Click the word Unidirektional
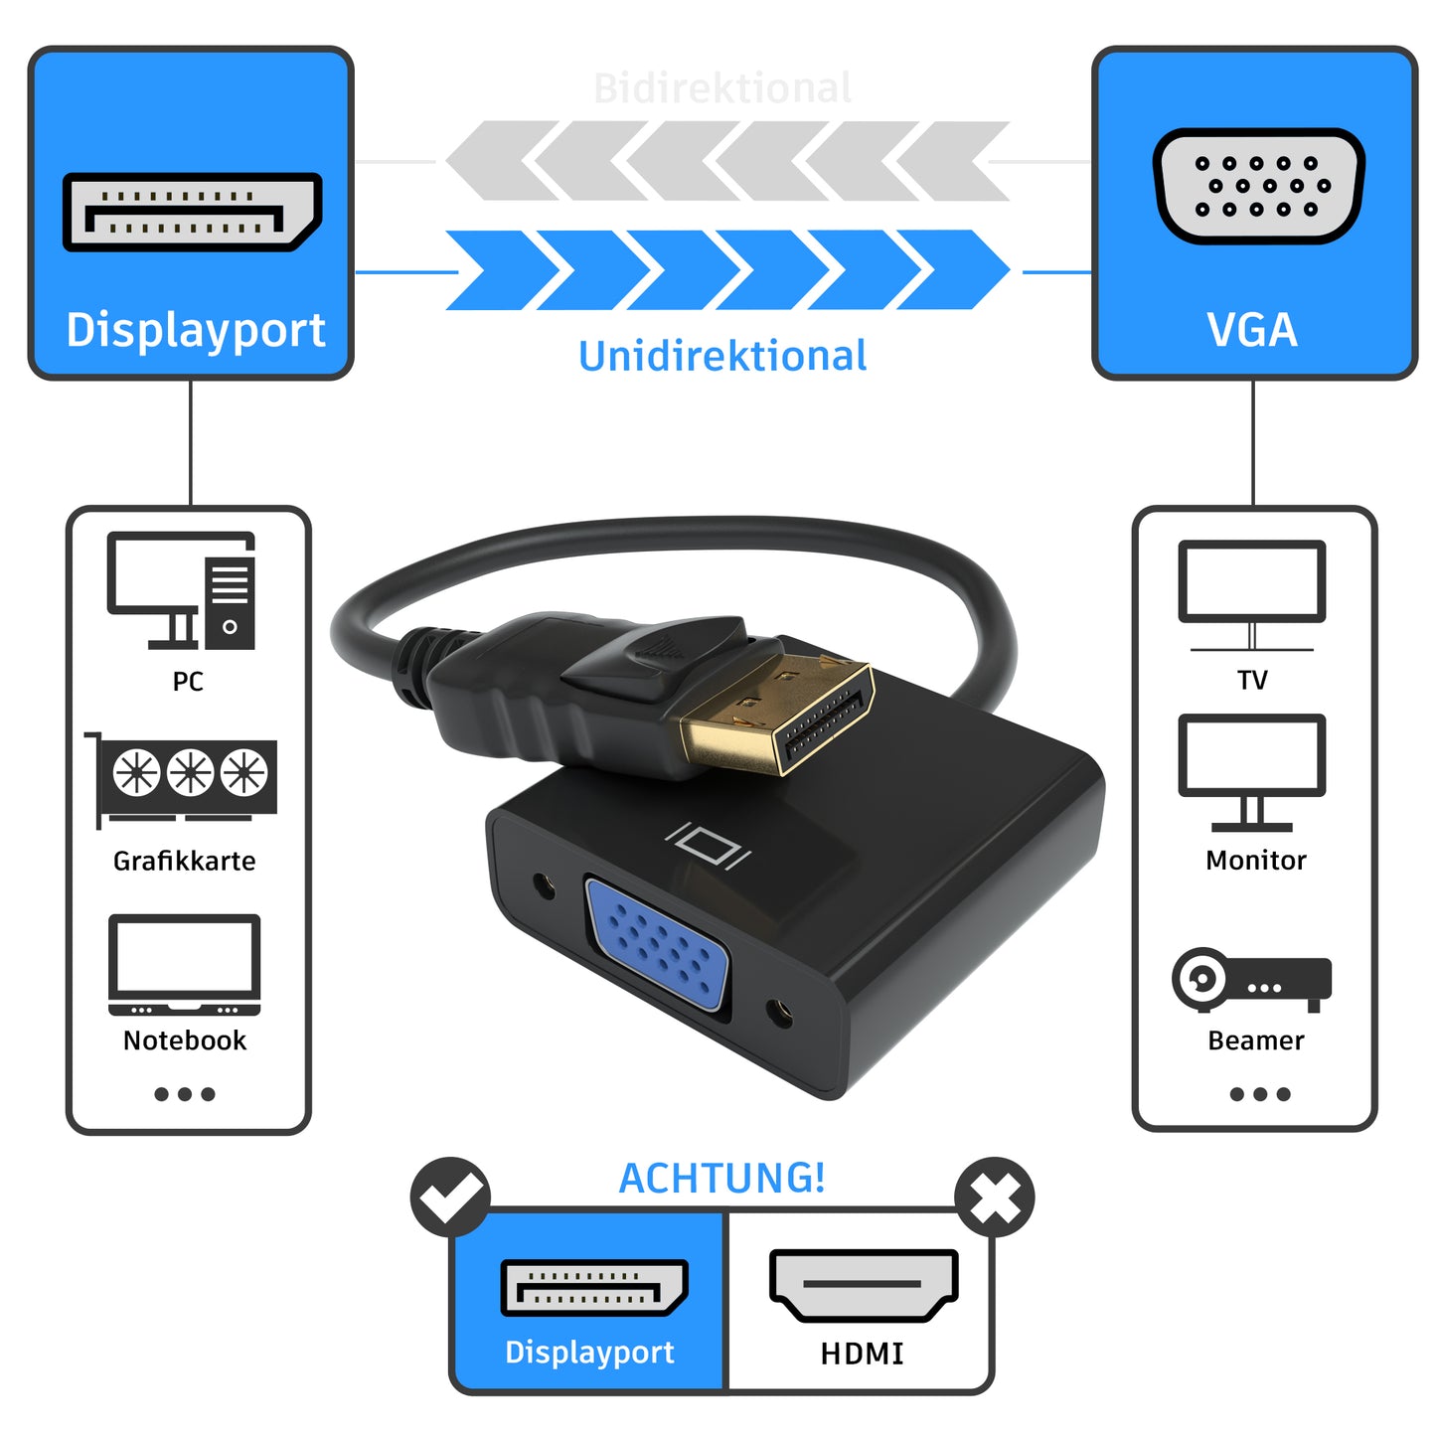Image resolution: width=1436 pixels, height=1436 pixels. pyautogui.click(x=722, y=356)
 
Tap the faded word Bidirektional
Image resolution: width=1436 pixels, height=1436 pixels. pyautogui.click(x=722, y=87)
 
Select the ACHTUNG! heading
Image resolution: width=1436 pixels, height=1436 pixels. pyautogui.click(x=721, y=1178)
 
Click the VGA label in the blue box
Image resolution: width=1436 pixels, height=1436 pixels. pyautogui.click(x=1252, y=330)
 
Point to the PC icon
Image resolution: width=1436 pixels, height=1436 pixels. pyautogui.click(x=182, y=591)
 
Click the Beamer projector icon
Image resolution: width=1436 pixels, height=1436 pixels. pyautogui.click(x=1251, y=979)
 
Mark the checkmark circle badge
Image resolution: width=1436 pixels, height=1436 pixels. pyautogui.click(x=450, y=1197)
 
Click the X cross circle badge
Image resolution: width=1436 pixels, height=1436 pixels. pyautogui.click(x=995, y=1197)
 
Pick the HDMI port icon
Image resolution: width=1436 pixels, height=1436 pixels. pyautogui.click(x=863, y=1285)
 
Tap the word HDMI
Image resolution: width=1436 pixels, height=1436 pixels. pyautogui.click(x=863, y=1354)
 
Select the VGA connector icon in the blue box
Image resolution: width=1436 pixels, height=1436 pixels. pyautogui.click(x=1258, y=186)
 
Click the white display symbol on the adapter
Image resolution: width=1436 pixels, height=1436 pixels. pyautogui.click(x=709, y=846)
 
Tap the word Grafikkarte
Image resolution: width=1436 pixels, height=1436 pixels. pyautogui.click(x=184, y=861)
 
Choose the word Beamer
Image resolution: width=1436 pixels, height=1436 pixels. pyautogui.click(x=1255, y=1040)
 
